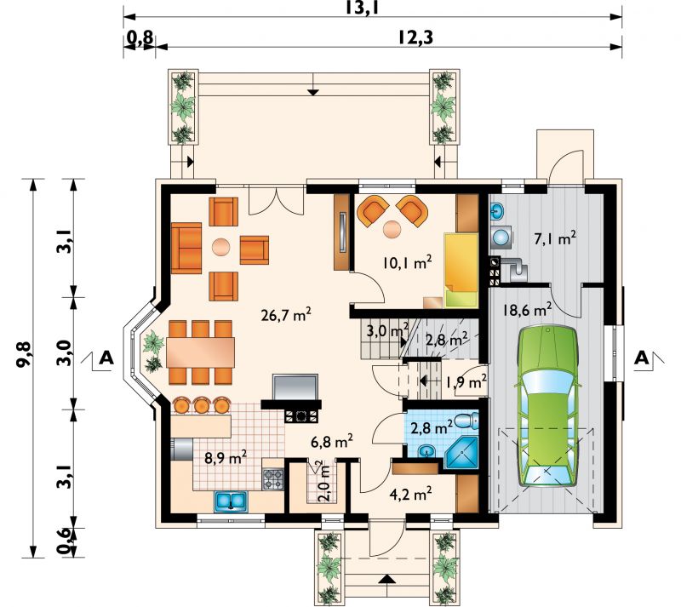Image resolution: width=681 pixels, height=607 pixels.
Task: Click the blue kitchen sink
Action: pyautogui.click(x=231, y=501)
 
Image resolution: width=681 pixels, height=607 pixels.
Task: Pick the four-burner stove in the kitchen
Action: pyautogui.click(x=272, y=479)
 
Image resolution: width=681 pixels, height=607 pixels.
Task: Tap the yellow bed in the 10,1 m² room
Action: pyautogui.click(x=461, y=270)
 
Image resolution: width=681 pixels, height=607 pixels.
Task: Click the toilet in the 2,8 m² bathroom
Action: pyautogui.click(x=466, y=421)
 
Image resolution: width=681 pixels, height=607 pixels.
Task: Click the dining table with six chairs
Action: pyautogui.click(x=200, y=352)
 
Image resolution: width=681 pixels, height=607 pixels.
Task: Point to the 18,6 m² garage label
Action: pyautogui.click(x=527, y=310)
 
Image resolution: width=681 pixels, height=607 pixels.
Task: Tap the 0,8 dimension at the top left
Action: pyautogui.click(x=140, y=38)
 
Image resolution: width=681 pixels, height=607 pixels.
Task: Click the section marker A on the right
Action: pyautogui.click(x=642, y=358)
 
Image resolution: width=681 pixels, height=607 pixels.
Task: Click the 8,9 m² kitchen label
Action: pyautogui.click(x=226, y=458)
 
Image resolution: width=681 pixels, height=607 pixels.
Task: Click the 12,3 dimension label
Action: pyautogui.click(x=415, y=38)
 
